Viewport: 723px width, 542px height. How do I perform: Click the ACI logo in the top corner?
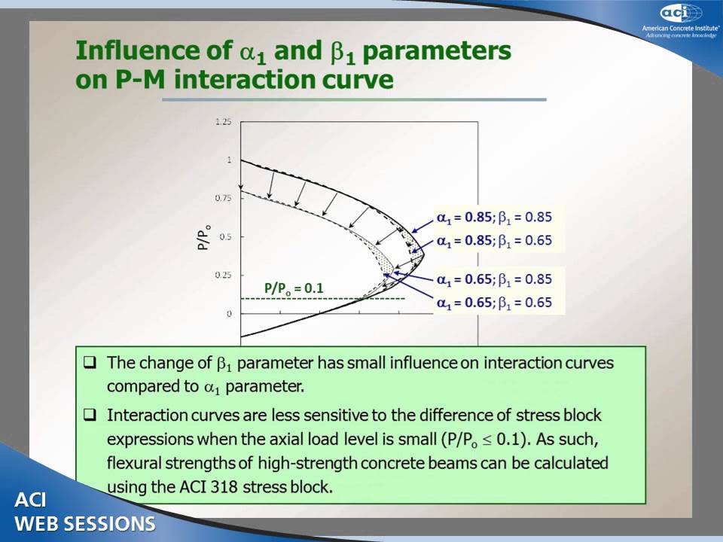(x=681, y=13)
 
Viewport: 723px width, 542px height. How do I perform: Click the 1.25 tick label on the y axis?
(x=224, y=122)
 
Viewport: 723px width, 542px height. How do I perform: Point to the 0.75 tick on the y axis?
(x=224, y=199)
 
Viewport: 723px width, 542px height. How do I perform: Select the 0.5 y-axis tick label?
(x=226, y=237)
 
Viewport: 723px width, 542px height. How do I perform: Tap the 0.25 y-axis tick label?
(x=224, y=276)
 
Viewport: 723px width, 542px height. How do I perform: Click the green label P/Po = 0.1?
(x=293, y=288)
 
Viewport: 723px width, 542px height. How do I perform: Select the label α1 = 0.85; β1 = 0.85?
(x=494, y=218)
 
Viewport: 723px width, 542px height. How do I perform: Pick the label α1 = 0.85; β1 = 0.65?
(x=494, y=241)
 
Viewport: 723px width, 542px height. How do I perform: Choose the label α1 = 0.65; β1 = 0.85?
(x=494, y=279)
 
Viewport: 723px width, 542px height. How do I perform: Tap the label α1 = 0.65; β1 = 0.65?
(x=494, y=303)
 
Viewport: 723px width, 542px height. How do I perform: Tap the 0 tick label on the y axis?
(x=229, y=314)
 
